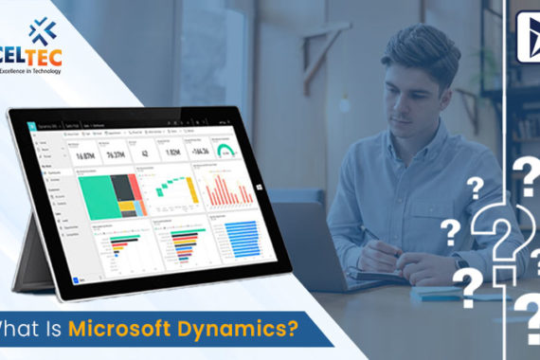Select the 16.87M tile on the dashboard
(x=86, y=154)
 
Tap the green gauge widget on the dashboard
(x=225, y=151)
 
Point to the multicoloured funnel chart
(x=179, y=246)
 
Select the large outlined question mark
(x=501, y=237)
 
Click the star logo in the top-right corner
(x=528, y=29)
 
